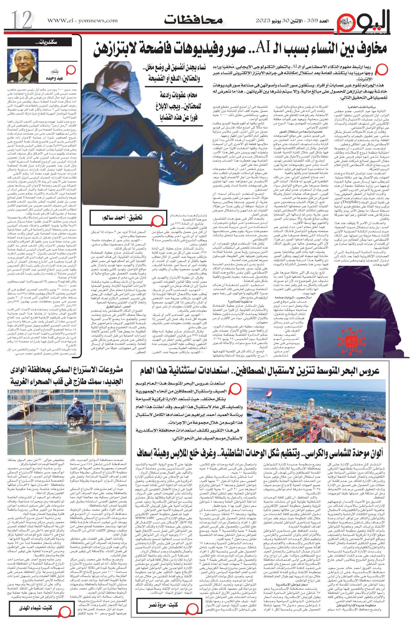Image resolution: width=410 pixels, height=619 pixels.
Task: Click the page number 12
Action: click(x=22, y=21)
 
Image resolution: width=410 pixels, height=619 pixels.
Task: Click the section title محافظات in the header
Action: click(x=193, y=19)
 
